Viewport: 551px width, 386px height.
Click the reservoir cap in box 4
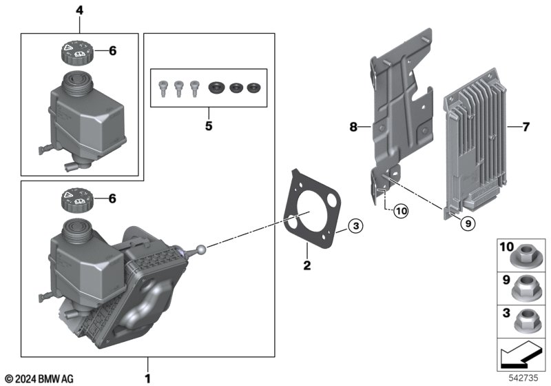coord(77,52)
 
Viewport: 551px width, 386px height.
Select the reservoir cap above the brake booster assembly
coord(77,200)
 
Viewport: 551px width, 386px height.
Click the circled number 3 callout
coord(355,225)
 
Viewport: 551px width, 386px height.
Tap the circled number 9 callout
coord(468,223)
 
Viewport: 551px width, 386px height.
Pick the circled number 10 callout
coord(401,211)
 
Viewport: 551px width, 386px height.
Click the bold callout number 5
coord(209,125)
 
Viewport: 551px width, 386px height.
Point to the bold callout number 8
coord(353,127)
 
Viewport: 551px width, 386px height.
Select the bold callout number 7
coord(526,127)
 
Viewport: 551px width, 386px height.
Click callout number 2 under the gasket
coord(306,265)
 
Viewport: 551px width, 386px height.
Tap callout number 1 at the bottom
coord(147,378)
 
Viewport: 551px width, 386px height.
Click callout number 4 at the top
coord(80,10)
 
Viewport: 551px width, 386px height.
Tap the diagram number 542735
coord(523,378)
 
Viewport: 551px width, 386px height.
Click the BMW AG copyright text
coord(40,378)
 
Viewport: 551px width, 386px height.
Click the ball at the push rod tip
coord(202,249)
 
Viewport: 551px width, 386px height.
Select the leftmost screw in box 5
coord(163,88)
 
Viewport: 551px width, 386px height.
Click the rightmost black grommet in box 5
coord(253,88)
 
